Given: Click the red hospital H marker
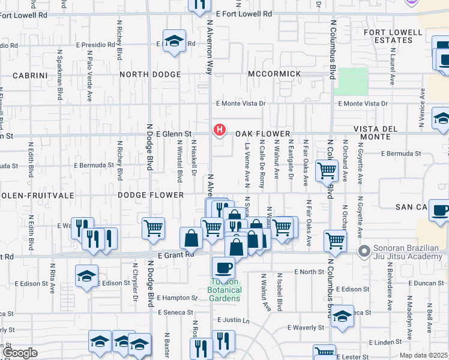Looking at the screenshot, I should tap(220, 129).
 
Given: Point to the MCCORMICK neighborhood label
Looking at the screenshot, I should tap(274, 74).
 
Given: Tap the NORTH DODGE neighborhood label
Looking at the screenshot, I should tap(149, 74).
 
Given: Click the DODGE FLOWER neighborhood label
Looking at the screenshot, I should tap(150, 195).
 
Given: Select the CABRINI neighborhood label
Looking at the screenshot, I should tap(30, 76).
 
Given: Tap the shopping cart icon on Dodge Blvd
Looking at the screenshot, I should tap(154, 227).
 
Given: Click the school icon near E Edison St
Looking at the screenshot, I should tap(86, 276).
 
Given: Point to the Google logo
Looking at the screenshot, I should tap(20, 353).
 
